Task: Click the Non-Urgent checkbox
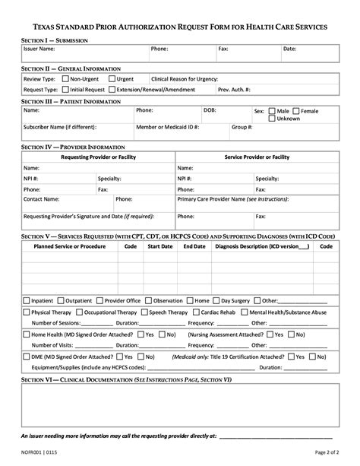pyautogui.click(x=66, y=78)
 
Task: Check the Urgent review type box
pyautogui.click(x=112, y=78)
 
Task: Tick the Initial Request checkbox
pyautogui.click(x=65, y=89)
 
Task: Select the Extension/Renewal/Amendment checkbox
pyautogui.click(x=112, y=89)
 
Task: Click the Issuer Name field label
pyautogui.click(x=39, y=49)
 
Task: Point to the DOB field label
pyautogui.click(x=210, y=110)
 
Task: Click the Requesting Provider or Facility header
pyautogui.click(x=97, y=157)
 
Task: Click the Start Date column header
pyautogui.click(x=159, y=246)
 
